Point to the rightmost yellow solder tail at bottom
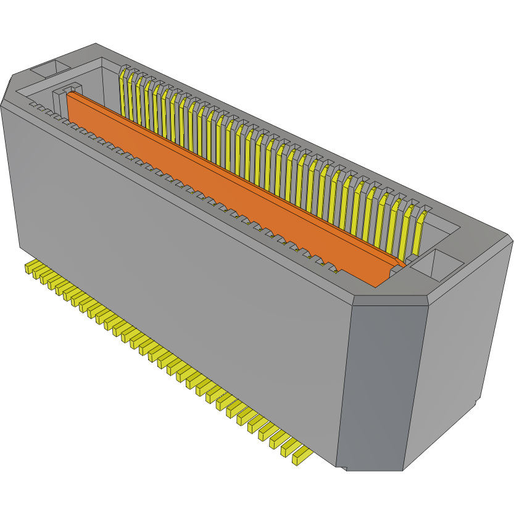tap(302, 455)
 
